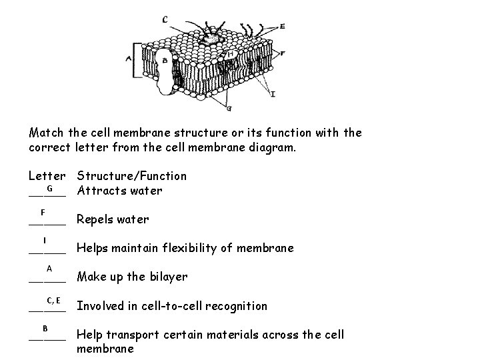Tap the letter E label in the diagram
click(x=282, y=26)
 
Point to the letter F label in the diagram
click(x=283, y=53)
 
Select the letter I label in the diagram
click(x=273, y=94)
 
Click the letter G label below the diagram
click(x=229, y=107)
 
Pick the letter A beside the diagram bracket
click(x=129, y=59)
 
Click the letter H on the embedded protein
click(x=231, y=55)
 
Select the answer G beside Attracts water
click(x=49, y=189)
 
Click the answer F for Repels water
click(x=42, y=212)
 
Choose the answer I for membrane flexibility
click(x=44, y=240)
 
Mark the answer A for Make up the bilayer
click(x=49, y=269)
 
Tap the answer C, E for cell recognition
click(x=54, y=300)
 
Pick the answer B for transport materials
click(x=45, y=328)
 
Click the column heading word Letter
click(x=47, y=176)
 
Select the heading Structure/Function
click(x=132, y=176)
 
